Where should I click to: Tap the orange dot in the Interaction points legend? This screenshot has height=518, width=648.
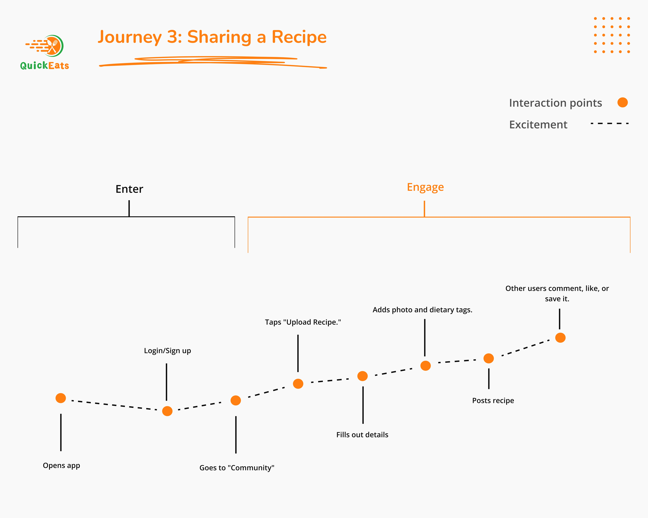pyautogui.click(x=622, y=102)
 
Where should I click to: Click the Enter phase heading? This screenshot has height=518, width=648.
pyautogui.click(x=129, y=189)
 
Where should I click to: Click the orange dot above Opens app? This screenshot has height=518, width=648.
pyautogui.click(x=61, y=398)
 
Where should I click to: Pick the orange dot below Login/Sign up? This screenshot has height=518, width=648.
pyautogui.click(x=167, y=411)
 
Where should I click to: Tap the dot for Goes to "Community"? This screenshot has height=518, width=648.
pyautogui.click(x=236, y=400)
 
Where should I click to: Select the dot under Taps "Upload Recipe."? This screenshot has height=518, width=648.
pyautogui.click(x=298, y=384)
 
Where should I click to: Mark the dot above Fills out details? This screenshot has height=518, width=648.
pyautogui.click(x=362, y=376)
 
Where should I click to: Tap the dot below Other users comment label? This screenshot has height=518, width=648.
pyautogui.click(x=560, y=338)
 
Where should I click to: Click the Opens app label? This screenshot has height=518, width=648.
pyautogui.click(x=61, y=465)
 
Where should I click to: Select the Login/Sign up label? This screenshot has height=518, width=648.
pyautogui.click(x=167, y=351)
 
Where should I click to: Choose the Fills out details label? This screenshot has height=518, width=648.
pyautogui.click(x=362, y=435)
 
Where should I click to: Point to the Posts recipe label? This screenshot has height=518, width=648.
pyautogui.click(x=493, y=400)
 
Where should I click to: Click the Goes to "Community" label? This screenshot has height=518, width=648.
pyautogui.click(x=237, y=468)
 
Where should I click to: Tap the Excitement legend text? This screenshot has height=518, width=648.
pyautogui.click(x=538, y=124)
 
